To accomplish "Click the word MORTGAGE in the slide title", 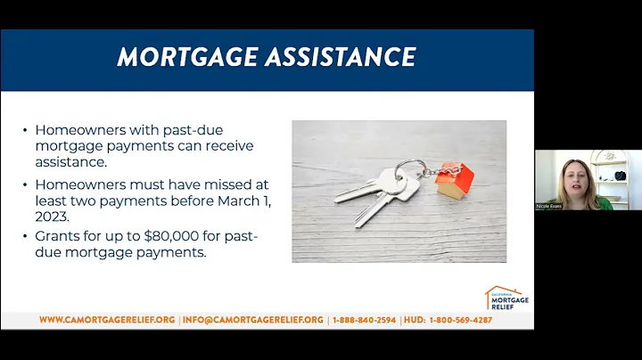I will click(182, 58).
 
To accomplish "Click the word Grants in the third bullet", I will click(56, 238).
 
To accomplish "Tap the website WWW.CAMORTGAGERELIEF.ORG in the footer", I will click(107, 320).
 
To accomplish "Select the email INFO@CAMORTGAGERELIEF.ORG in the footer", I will click(252, 320).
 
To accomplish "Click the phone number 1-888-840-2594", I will click(365, 320).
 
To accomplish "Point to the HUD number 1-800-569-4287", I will click(460, 320).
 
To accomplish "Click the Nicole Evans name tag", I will click(549, 206).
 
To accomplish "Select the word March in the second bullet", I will click(227, 200).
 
